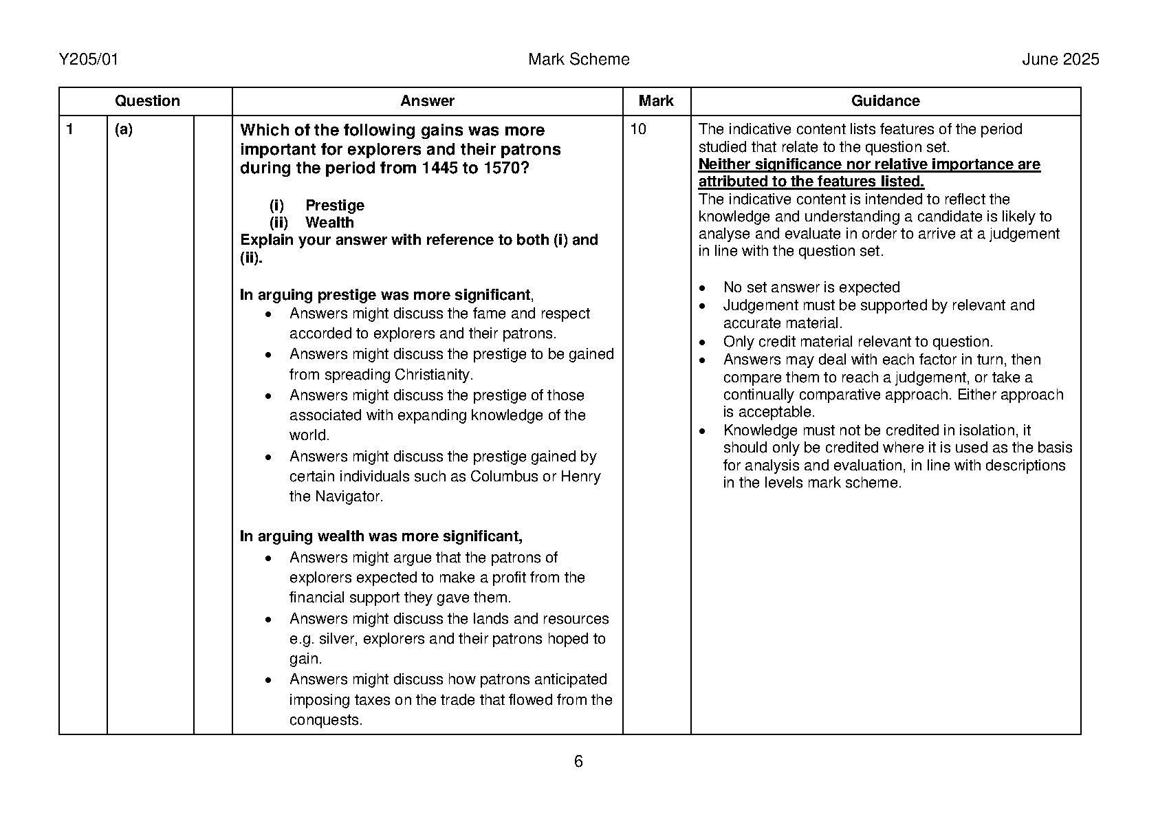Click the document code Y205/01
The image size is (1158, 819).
[x=89, y=60]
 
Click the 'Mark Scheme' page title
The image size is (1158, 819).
[x=578, y=60]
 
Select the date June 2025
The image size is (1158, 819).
[x=1060, y=60]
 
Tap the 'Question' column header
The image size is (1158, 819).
[x=147, y=101]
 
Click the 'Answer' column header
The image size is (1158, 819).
[x=427, y=101]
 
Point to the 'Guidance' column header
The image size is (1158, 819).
[x=885, y=101]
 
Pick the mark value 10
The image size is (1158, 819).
[x=638, y=129]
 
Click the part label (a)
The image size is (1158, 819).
[x=124, y=129]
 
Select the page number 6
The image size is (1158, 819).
[x=578, y=761]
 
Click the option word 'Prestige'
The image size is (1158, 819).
[x=335, y=206]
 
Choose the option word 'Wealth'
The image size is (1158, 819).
[x=329, y=223]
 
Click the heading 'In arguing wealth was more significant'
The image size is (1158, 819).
[x=380, y=536]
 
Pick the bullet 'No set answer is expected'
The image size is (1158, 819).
[x=811, y=287]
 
